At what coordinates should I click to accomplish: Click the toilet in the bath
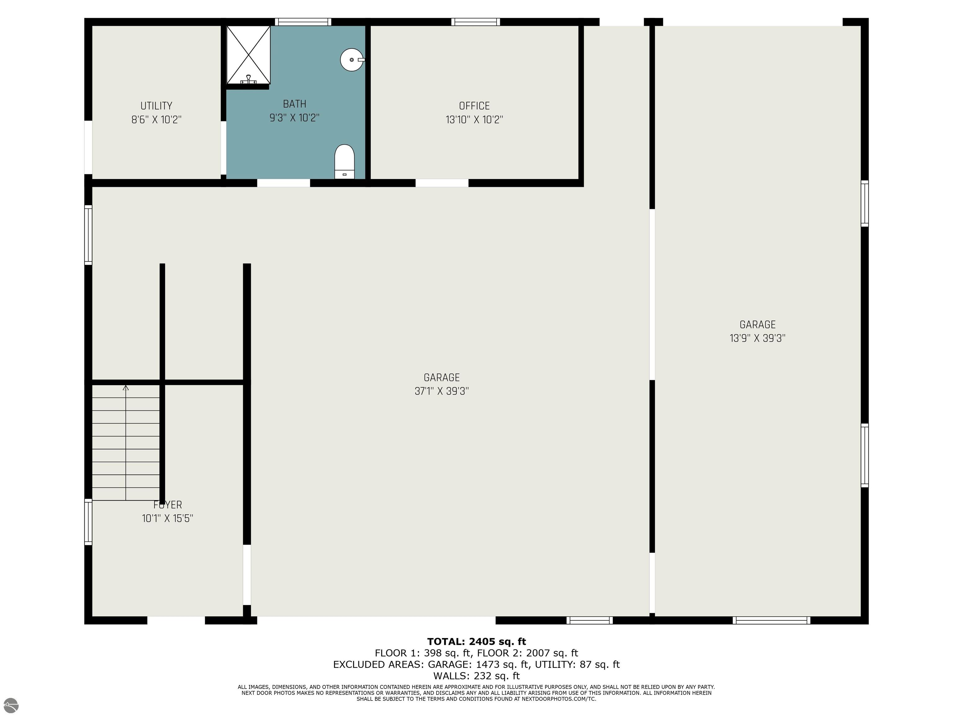[344, 162]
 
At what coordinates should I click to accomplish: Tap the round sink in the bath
[352, 60]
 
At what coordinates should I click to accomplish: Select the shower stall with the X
[248, 55]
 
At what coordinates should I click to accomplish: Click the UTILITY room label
[156, 106]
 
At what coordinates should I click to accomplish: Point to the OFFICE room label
[474, 106]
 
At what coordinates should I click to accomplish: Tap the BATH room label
[295, 104]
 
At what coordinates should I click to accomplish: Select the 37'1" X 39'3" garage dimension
[442, 391]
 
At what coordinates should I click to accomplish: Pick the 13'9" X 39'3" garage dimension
[757, 338]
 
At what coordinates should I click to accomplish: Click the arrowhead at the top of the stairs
[126, 388]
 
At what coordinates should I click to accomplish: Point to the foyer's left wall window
[88, 522]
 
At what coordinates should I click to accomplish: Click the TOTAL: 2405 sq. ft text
[476, 642]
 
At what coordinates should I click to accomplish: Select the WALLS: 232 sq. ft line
[476, 676]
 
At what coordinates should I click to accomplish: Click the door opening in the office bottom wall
[442, 183]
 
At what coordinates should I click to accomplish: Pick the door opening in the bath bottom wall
[284, 183]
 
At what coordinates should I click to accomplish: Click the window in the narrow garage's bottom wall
[771, 620]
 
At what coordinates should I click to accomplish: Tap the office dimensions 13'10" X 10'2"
[474, 119]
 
